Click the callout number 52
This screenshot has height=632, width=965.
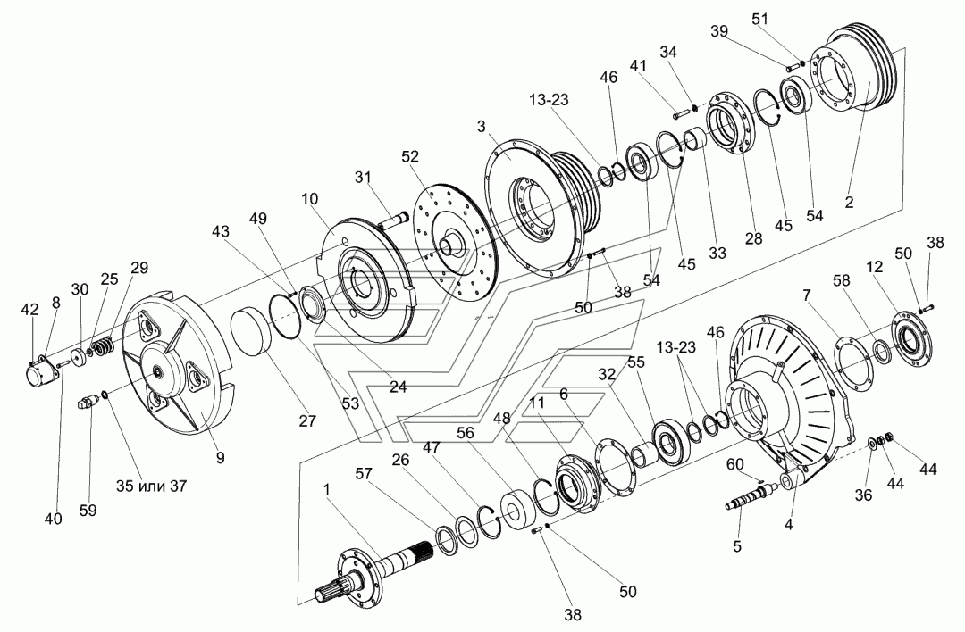tap(410, 157)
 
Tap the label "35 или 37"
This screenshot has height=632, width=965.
tap(151, 486)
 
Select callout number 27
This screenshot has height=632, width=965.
tap(307, 421)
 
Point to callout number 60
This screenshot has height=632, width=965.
tap(734, 464)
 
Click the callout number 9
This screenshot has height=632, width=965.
tap(221, 458)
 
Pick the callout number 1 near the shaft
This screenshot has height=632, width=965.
tap(327, 489)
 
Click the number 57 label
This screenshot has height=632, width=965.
tap(364, 473)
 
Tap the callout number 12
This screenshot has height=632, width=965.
tap(874, 267)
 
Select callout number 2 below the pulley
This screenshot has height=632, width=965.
tap(850, 202)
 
